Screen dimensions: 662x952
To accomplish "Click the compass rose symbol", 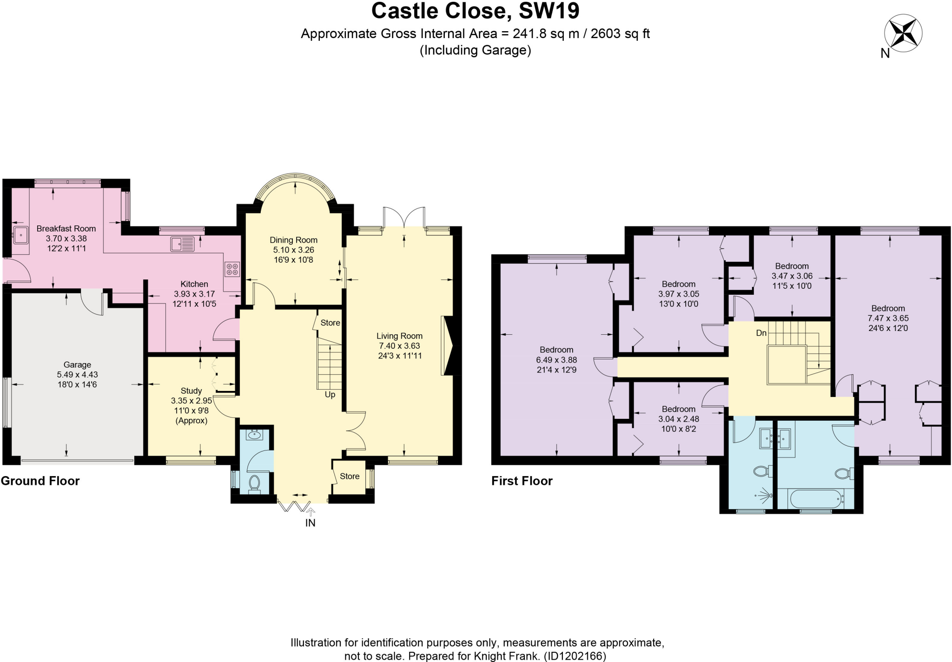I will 903,33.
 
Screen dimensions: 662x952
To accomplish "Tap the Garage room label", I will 77,365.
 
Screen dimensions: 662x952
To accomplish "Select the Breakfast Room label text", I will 66,229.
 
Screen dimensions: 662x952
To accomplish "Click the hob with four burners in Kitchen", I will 232,269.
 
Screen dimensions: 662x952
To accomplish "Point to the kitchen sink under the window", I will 182,244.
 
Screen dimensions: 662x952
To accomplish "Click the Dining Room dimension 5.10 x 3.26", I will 293,250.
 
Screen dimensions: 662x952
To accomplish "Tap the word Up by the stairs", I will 330,395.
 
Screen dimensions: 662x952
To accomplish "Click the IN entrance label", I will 310,523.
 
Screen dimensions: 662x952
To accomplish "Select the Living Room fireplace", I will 449,345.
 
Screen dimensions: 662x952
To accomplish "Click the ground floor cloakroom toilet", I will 254,483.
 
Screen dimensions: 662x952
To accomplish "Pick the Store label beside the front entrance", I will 349,476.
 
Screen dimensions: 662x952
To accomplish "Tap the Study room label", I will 191,391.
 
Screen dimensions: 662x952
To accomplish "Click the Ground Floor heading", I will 40,481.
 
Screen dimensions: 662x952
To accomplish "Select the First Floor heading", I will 522,481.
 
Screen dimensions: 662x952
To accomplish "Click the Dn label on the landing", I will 761,333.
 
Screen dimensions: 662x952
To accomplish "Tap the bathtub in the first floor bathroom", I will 816,499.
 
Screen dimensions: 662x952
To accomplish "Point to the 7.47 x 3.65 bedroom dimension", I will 888,318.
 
